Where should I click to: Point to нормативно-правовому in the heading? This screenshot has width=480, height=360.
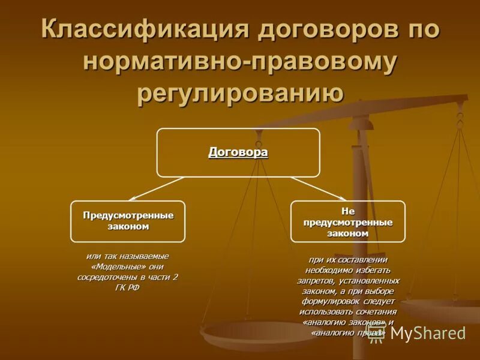click(240, 63)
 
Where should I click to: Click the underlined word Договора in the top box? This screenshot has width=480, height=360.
click(238, 152)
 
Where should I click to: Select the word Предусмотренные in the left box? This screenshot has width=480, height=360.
click(128, 215)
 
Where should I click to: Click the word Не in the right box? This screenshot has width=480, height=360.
click(348, 211)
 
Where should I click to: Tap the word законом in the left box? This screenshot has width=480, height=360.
click(128, 227)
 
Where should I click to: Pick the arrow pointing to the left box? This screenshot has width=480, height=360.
click(156, 188)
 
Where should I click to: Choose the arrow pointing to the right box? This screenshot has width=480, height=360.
click(318, 188)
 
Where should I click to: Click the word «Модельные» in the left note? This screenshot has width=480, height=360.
click(113, 266)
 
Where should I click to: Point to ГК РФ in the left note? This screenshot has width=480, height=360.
click(128, 288)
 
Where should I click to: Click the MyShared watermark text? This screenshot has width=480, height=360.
click(428, 333)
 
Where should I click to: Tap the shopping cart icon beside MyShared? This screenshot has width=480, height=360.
click(377, 333)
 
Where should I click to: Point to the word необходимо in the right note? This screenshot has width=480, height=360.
click(322, 269)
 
